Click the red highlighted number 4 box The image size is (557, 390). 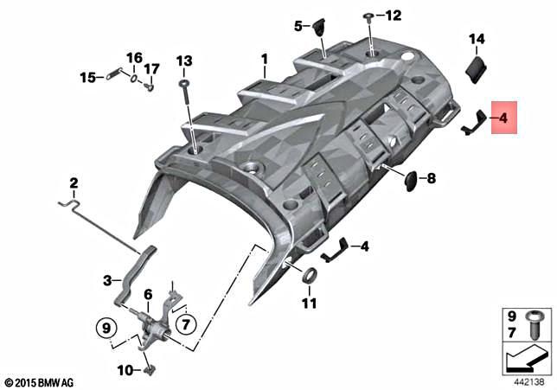tap(503, 118)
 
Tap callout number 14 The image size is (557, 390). tap(477, 39)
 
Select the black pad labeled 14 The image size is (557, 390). tap(477, 70)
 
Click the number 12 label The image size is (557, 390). tap(394, 16)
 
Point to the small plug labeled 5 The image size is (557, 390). tap(319, 27)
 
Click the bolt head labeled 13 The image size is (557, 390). tap(184, 83)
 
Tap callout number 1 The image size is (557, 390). tap(265, 60)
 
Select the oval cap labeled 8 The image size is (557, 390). tap(411, 181)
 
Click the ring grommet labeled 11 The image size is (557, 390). tap(309, 276)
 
